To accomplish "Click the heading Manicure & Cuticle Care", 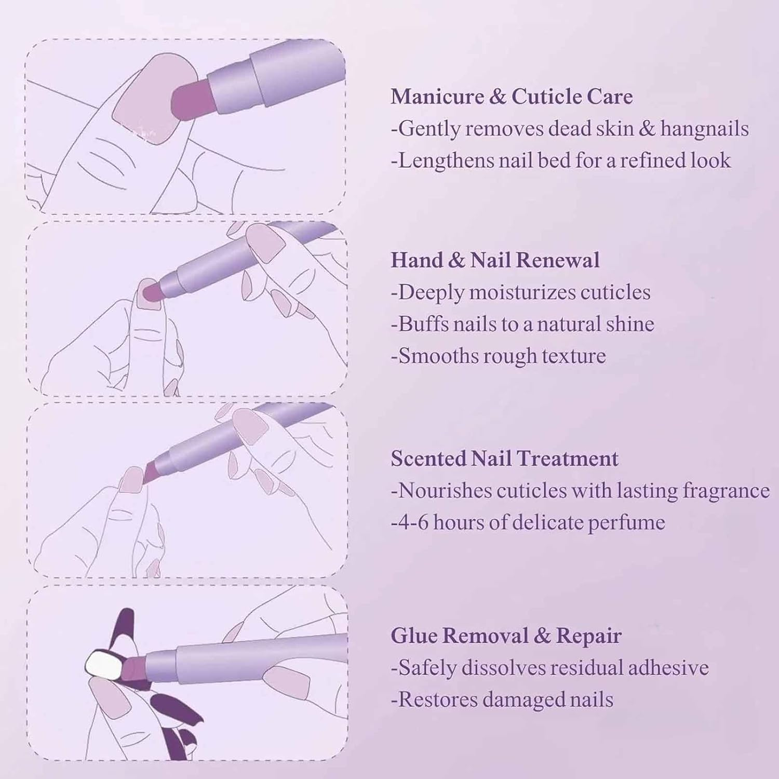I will click(x=512, y=97).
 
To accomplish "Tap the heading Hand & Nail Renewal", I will click(x=495, y=260).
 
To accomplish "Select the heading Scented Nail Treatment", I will click(x=504, y=459).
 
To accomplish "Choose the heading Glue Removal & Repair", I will click(x=506, y=636).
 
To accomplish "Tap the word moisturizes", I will click(x=522, y=292).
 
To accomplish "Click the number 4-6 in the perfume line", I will click(x=410, y=522).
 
